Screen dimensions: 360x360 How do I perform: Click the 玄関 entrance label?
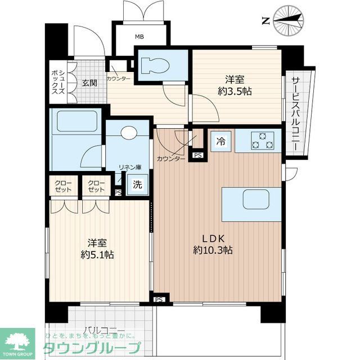89,83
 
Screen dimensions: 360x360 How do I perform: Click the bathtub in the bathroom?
77,121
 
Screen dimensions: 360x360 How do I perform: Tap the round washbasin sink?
129,133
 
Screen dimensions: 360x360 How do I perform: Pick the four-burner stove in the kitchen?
263,141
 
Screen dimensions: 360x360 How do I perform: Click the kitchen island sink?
251,199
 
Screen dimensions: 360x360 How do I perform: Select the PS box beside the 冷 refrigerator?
197,155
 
